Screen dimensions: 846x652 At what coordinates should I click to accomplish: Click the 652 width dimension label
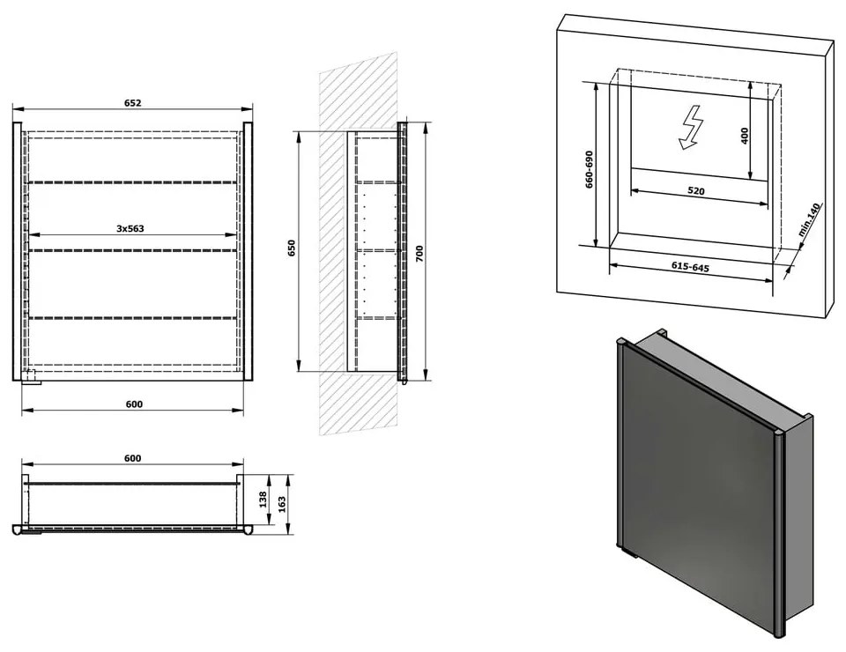point(132,102)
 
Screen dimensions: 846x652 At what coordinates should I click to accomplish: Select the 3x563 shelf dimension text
point(130,228)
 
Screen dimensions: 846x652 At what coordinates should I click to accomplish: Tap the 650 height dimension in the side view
point(292,248)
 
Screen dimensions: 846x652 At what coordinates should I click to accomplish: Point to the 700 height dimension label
point(419,254)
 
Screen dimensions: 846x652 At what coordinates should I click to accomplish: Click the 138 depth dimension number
point(263,499)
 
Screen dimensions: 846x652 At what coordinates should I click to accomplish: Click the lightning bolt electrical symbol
point(689,127)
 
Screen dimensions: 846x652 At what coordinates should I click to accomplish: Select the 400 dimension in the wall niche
point(745,135)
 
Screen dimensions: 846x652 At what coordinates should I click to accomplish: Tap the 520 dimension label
point(696,190)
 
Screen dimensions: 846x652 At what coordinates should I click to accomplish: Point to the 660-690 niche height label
point(590,169)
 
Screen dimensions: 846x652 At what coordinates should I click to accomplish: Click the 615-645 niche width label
point(690,266)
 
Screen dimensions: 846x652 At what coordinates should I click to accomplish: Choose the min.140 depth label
point(809,219)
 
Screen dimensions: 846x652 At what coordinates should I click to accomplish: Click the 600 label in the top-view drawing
point(133,458)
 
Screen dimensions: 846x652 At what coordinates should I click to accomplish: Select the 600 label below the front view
point(134,404)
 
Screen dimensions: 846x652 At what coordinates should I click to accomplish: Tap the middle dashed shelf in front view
point(132,250)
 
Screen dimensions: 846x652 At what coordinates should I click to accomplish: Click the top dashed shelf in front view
point(132,182)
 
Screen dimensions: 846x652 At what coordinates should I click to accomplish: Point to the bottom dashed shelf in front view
point(132,318)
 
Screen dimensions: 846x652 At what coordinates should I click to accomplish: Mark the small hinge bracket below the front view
point(32,377)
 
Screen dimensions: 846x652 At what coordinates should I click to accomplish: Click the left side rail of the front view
point(17,251)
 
